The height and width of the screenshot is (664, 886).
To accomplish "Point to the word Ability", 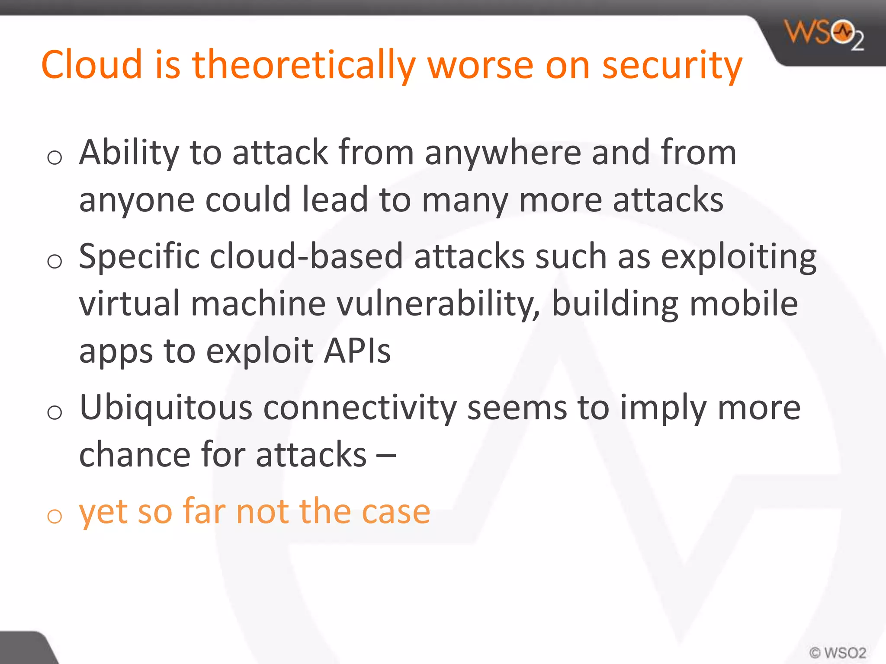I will (129, 153).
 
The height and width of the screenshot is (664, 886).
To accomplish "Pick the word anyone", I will (137, 201).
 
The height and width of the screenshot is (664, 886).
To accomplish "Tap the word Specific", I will (139, 257).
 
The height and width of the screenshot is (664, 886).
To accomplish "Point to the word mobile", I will (744, 303).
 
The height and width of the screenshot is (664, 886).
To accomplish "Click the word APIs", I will (357, 351).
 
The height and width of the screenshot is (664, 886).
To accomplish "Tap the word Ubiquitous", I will (166, 409).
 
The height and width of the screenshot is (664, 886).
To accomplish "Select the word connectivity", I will (360, 409).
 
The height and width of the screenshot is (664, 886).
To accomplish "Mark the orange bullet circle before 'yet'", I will (55, 516).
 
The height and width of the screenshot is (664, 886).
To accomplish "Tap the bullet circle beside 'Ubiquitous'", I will (55, 412).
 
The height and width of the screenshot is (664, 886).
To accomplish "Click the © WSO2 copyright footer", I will (838, 652).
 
